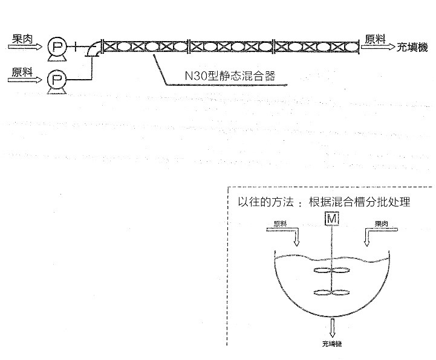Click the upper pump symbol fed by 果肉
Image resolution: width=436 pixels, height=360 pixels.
click(58, 46)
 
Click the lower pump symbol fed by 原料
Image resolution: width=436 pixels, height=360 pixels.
click(58, 79)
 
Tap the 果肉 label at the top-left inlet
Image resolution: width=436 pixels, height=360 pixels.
click(23, 37)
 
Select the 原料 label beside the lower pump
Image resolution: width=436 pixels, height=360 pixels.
click(23, 71)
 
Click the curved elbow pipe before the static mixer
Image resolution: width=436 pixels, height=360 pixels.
click(94, 49)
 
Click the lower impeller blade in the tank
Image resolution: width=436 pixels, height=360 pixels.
click(331, 294)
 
